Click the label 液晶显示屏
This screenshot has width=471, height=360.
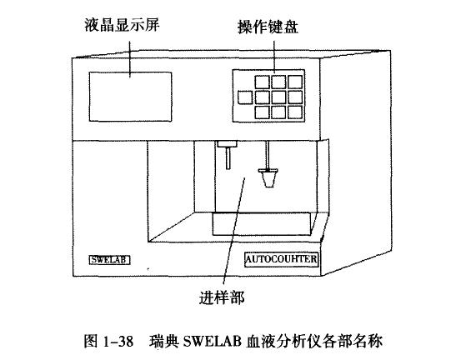(122, 25)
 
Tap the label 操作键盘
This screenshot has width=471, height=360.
(268, 27)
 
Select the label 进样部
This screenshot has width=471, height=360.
(222, 297)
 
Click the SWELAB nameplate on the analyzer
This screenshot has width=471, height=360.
(110, 260)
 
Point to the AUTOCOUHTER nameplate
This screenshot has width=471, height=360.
(282, 259)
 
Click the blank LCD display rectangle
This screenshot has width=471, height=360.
(130, 97)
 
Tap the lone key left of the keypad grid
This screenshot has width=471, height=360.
(245, 97)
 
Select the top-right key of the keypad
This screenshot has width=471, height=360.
(295, 82)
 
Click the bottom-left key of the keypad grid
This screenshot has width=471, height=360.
(263, 112)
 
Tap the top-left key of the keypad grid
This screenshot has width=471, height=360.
(263, 82)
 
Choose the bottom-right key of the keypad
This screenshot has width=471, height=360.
(295, 112)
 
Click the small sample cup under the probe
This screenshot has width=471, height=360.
(268, 178)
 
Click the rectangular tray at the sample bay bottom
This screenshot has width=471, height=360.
(261, 224)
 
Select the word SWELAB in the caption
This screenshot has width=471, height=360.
(212, 342)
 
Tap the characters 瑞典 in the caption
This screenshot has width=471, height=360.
(164, 342)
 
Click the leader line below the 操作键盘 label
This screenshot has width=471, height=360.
(274, 57)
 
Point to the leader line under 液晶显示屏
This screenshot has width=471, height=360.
(130, 59)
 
